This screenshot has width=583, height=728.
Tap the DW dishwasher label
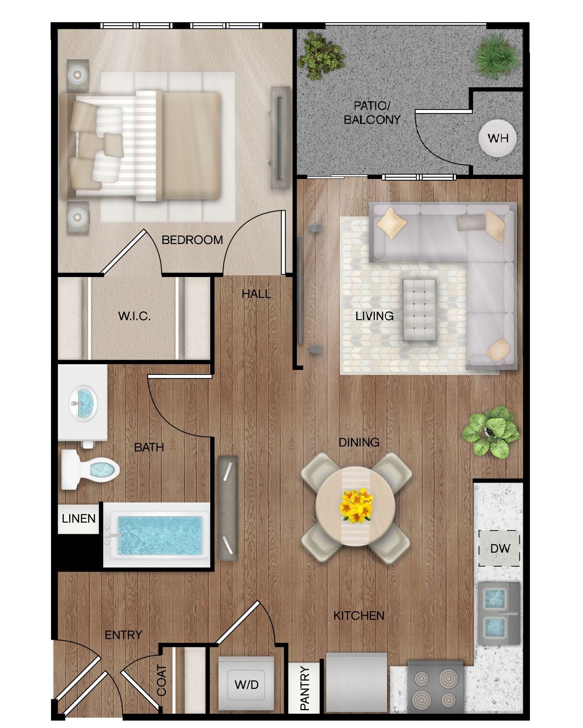tap(500, 548)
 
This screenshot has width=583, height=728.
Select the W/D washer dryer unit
tap(246, 685)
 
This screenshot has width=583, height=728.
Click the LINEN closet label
tap(79, 519)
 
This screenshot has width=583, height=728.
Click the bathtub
tap(157, 535)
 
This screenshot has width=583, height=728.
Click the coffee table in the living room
tap(419, 309)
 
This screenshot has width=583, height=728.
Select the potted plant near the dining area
tap(490, 431)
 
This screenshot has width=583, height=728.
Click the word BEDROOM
tap(192, 240)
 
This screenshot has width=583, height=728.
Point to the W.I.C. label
tap(134, 316)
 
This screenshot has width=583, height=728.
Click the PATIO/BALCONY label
tap(372, 113)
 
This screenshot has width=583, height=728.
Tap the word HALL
tap(256, 294)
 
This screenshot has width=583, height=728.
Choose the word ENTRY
tap(123, 635)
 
